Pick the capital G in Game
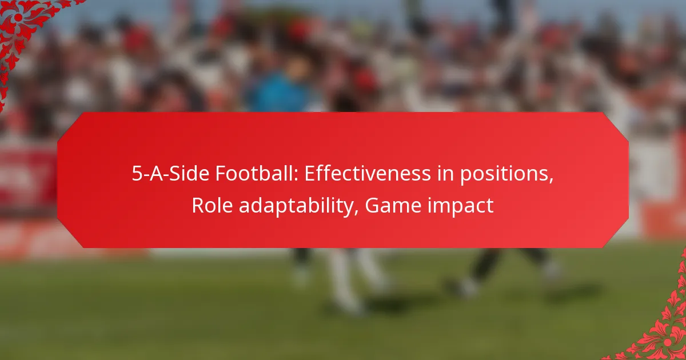(x=372, y=205)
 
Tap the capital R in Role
(x=197, y=205)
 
